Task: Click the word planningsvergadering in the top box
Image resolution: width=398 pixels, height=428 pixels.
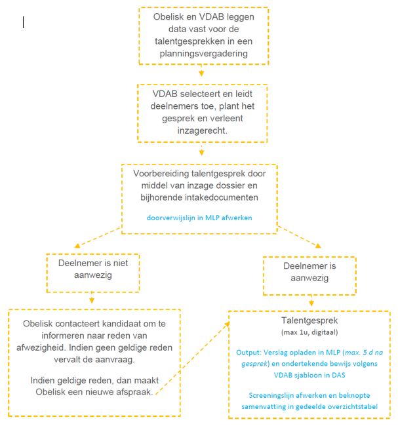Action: (x=204, y=54)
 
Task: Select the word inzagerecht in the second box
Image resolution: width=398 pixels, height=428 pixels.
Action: (x=202, y=130)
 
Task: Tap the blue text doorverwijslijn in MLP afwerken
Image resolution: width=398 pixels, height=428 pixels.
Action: (x=199, y=218)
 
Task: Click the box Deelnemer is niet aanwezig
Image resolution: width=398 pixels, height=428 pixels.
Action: (x=93, y=254)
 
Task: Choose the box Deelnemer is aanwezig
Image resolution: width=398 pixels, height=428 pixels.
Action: (x=309, y=257)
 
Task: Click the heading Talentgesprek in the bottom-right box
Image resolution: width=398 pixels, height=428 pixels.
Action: (x=309, y=321)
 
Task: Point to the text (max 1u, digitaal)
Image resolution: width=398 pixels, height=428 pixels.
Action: (x=309, y=332)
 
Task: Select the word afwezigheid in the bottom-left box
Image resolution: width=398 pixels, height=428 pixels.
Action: (x=41, y=348)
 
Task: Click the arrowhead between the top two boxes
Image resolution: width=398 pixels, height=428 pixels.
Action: (x=201, y=73)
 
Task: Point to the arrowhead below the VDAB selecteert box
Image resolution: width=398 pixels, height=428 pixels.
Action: (x=201, y=152)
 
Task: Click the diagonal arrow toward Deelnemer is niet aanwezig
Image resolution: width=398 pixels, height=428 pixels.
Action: (x=98, y=238)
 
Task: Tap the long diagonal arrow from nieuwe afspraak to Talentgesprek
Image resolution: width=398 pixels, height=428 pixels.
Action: (x=193, y=358)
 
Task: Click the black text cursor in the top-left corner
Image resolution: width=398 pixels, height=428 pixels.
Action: (x=23, y=22)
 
